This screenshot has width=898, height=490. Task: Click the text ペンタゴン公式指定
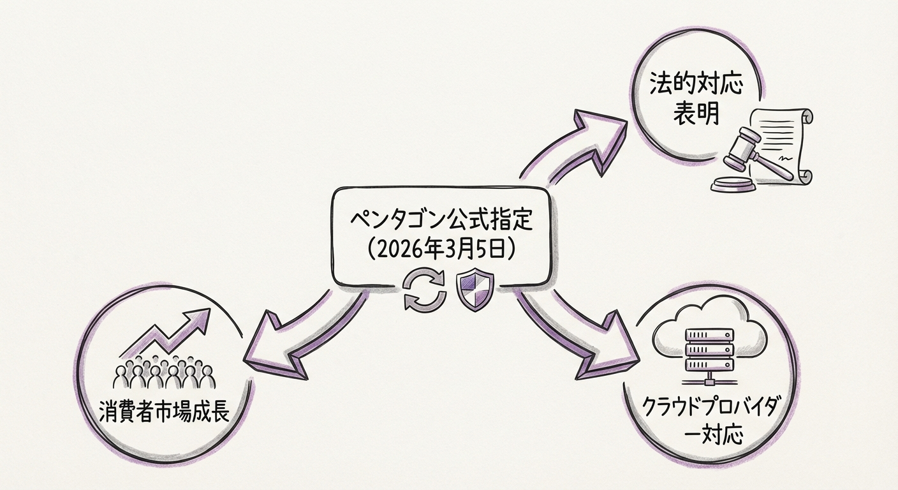pos(440,222)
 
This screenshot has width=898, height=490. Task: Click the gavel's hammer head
pos(740,144)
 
